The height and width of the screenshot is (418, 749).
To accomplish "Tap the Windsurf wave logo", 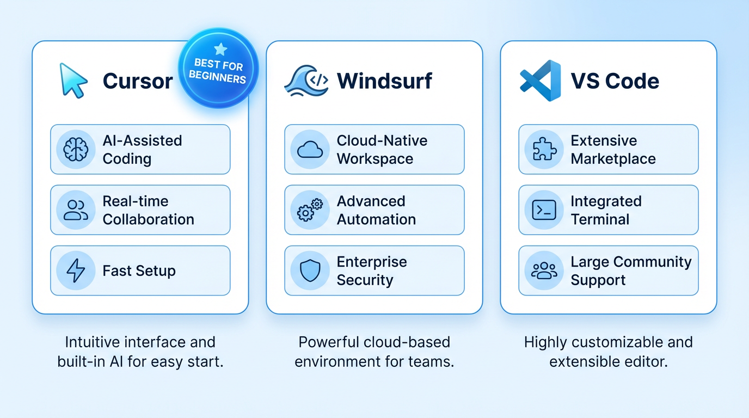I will point(306,81).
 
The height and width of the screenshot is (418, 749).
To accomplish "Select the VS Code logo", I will point(541,81).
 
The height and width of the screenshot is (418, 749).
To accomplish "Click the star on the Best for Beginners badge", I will point(220,50).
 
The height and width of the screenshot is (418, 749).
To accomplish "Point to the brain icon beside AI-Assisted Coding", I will point(76,149).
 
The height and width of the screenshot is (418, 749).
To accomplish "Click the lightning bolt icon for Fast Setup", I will point(76,271).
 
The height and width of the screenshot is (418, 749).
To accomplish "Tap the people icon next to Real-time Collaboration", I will point(76,210).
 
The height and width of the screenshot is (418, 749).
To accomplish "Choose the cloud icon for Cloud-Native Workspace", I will point(310,150).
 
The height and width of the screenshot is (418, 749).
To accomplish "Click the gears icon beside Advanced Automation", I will point(310,210).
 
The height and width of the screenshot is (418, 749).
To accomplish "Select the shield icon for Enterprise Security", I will point(310,271).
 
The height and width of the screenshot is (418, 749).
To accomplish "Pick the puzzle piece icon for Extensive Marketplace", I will point(544,149).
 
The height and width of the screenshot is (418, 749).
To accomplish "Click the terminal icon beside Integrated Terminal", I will point(544,210).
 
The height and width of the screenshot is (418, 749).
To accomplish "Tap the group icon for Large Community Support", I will point(544,271).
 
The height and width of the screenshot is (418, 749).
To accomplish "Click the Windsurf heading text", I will point(384,81).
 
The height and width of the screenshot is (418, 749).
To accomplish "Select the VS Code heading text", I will point(615,81).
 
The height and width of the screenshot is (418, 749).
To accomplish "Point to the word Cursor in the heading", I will point(138,81).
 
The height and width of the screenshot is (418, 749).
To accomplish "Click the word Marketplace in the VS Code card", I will point(613,159).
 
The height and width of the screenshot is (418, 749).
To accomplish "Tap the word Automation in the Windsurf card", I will point(376,219).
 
